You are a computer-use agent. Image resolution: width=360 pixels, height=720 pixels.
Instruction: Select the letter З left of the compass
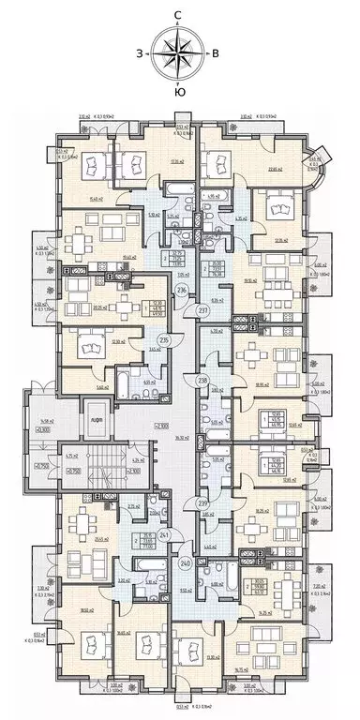[x=140, y=53]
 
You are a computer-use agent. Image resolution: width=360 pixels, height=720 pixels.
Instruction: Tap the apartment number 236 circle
[x=182, y=290]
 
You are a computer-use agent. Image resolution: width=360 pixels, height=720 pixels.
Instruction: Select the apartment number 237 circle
[x=202, y=309]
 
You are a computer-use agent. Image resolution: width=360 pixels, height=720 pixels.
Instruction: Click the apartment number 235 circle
[x=163, y=340]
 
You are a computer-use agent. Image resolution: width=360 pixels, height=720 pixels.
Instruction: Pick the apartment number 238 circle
[x=203, y=380]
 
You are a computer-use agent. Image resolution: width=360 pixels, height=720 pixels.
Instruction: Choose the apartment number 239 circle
[x=203, y=504]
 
